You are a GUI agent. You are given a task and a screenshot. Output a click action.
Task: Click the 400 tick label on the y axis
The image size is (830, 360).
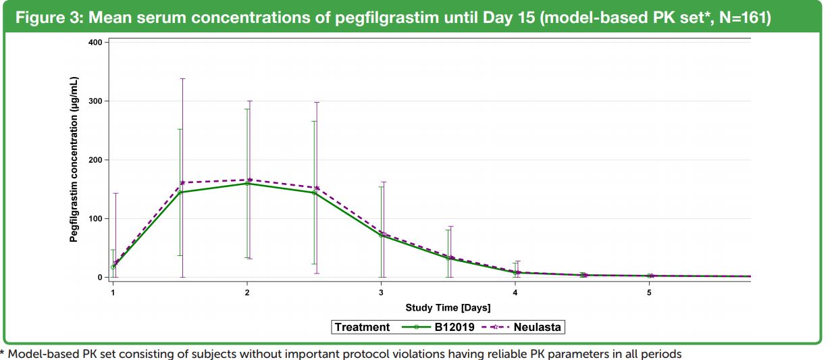click(x=94, y=43)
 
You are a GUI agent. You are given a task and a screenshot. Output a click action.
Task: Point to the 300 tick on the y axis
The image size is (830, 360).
click(x=94, y=101)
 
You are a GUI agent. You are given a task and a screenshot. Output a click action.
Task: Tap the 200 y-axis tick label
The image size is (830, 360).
click(x=94, y=160)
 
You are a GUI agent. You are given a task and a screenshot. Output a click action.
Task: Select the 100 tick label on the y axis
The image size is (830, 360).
click(x=94, y=219)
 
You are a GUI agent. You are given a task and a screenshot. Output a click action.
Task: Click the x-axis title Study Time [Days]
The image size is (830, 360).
click(x=448, y=308)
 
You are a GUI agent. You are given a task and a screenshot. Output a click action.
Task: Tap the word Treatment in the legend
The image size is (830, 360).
click(x=363, y=327)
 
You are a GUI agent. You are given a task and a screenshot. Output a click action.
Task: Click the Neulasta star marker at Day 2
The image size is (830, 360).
click(x=250, y=180)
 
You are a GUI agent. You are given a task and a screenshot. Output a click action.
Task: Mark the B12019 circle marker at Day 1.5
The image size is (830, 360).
click(x=180, y=192)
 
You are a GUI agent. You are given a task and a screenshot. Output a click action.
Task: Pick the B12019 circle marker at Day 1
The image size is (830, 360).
click(x=113, y=267)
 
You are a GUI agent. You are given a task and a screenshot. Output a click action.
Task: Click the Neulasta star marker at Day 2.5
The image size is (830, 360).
click(x=317, y=188)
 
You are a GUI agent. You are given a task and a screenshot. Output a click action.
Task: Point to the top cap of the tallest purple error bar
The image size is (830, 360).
click(x=182, y=79)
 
